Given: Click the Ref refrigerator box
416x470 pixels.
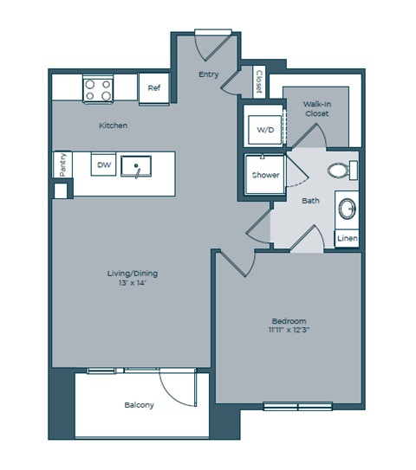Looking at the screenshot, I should click(153, 87).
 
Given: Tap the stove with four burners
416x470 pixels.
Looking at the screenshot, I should click(98, 88).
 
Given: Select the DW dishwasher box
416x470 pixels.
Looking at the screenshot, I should click(104, 164).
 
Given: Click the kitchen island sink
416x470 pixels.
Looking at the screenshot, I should click(134, 164).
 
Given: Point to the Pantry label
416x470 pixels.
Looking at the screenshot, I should click(62, 164).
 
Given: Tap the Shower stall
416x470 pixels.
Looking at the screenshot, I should click(265, 175).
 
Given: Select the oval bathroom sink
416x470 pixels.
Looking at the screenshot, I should click(347, 209).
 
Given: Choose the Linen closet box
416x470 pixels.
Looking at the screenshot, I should click(347, 238).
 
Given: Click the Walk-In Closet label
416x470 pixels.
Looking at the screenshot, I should click(314, 109).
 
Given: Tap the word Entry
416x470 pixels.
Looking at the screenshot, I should click(209, 74).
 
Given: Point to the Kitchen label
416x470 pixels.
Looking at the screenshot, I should click(113, 126).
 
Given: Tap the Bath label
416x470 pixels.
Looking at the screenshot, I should click(310, 201).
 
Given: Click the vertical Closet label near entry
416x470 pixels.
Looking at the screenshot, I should click(258, 82).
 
